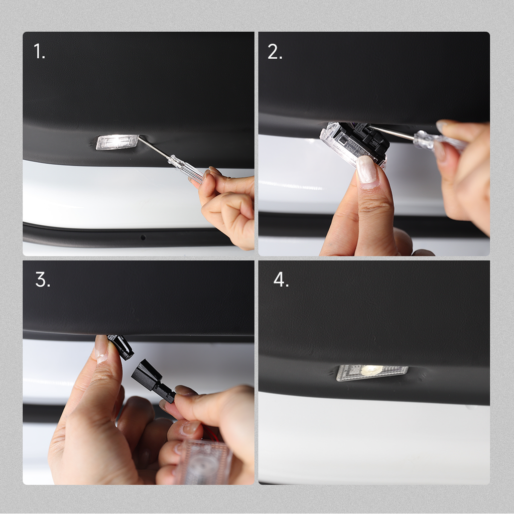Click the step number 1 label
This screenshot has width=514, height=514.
click(39, 51)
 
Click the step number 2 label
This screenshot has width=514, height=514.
click(275, 51)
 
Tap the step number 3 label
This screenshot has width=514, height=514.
click(43, 280)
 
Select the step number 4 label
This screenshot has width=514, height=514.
click(281, 280)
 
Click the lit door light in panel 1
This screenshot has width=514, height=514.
click(117, 142)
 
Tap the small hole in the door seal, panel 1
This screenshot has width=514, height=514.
click(143, 237)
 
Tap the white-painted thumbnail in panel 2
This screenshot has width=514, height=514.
click(367, 171)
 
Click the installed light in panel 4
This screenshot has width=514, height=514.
click(372, 372)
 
